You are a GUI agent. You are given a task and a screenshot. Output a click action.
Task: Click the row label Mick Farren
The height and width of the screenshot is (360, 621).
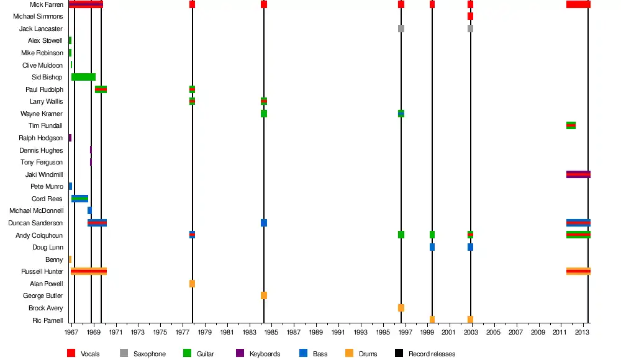[x=46, y=4]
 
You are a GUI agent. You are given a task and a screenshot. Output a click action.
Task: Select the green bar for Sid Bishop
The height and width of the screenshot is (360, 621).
[x=83, y=77]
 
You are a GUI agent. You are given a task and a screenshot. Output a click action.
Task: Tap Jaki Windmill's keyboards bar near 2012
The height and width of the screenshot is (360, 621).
[x=578, y=174]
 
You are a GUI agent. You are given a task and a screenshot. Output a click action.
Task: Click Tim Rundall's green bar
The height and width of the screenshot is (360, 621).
[x=571, y=125]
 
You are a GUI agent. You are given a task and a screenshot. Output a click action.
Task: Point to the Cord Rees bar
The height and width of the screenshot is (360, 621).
[x=79, y=199]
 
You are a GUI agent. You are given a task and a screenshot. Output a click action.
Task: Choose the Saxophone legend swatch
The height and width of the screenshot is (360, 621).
[x=124, y=354]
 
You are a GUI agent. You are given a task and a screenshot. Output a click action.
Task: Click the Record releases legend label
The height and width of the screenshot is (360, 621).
[x=432, y=354]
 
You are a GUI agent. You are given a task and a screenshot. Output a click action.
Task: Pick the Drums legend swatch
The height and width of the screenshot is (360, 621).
[x=349, y=354]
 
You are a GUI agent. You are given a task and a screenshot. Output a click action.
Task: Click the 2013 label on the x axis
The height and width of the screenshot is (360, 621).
[x=582, y=333]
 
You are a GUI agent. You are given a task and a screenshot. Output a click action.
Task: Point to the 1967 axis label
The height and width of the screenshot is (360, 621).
[x=72, y=333]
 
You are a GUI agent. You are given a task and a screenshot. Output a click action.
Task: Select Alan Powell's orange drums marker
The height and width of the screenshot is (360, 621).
[x=193, y=284]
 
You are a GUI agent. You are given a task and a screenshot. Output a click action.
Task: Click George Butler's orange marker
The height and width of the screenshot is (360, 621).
[x=264, y=295]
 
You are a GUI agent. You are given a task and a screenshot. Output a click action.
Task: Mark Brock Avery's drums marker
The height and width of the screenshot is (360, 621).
[x=401, y=308]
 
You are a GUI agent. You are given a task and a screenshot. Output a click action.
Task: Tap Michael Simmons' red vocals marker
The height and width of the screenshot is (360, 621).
[x=471, y=16]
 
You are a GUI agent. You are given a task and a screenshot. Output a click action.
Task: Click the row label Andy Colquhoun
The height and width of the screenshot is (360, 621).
[x=39, y=235]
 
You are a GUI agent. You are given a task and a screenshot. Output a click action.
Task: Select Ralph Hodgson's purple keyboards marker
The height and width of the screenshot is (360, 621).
[x=70, y=138]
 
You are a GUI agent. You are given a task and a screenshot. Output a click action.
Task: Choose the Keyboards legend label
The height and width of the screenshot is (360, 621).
[x=265, y=354]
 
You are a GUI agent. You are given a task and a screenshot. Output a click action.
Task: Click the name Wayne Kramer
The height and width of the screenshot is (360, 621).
[x=42, y=114]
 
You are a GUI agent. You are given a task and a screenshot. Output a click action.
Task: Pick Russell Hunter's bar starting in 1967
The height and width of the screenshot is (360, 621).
[x=89, y=271]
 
